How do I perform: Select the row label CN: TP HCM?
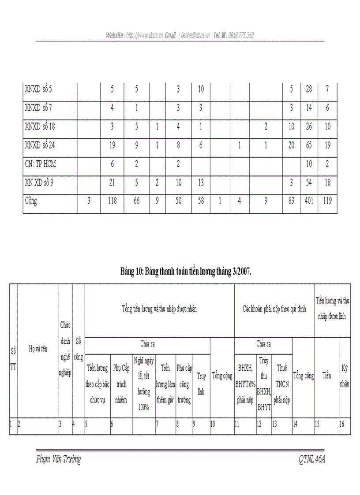(x=41, y=164)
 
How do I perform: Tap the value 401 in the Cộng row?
(x=309, y=201)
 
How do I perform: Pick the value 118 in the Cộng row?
(x=112, y=201)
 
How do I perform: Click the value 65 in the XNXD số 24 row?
(x=309, y=145)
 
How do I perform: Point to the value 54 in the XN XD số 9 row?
(x=309, y=182)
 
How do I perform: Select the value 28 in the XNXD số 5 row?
(x=309, y=89)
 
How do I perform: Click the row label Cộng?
(x=31, y=201)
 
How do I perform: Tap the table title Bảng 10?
(x=186, y=272)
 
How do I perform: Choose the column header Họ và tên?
(x=37, y=348)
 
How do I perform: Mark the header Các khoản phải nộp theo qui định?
(x=274, y=309)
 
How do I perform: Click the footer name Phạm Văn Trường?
(x=59, y=460)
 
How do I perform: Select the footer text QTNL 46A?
(x=312, y=460)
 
